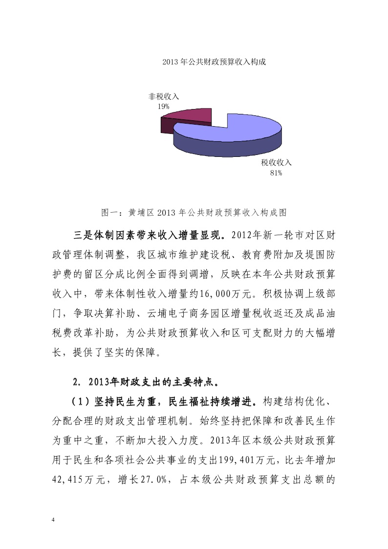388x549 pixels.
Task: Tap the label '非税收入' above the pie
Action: pos(164,97)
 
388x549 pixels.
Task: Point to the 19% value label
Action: pos(163,106)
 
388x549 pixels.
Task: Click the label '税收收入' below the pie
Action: pos(276,163)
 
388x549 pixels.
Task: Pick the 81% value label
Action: pos(276,172)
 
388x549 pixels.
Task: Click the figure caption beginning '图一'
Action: pos(194,213)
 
